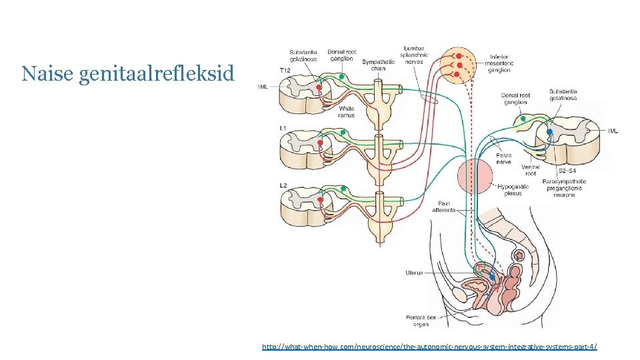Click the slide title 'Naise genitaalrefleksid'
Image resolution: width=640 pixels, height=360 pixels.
(128, 73)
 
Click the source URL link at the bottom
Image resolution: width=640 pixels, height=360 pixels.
(429, 347)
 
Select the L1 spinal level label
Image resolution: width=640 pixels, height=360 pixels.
(283, 128)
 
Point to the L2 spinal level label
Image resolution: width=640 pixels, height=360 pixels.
(283, 183)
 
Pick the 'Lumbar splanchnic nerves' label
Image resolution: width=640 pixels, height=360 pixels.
(414, 55)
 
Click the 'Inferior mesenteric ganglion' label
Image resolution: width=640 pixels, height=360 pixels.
(499, 63)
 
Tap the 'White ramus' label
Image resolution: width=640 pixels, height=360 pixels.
(346, 111)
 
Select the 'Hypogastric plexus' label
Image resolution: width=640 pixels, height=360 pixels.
(513, 190)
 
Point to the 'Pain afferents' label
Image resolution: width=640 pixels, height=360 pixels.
(444, 207)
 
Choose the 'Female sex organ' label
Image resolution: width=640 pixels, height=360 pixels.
(421, 321)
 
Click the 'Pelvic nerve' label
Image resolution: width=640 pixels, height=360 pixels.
(503, 159)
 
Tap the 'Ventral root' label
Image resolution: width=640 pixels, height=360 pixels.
(531, 170)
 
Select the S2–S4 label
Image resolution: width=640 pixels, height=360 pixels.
(567, 171)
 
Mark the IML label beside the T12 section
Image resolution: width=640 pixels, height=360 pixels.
(263, 87)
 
